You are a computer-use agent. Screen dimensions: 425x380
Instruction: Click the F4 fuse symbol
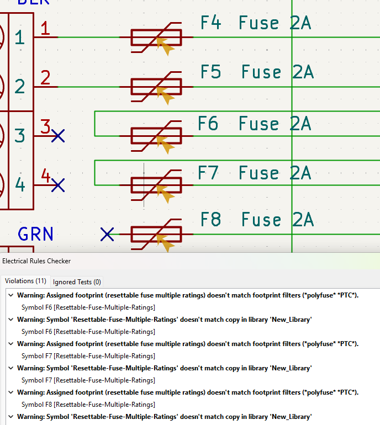pos(156,37)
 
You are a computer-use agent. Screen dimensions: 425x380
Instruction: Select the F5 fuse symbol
pos(156,87)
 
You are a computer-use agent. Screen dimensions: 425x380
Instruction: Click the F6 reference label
pos(208,124)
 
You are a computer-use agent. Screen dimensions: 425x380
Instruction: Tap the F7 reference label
pos(208,173)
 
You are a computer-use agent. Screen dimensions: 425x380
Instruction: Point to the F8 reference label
pos(210,220)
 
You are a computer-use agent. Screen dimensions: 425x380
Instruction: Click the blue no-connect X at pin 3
pos(58,135)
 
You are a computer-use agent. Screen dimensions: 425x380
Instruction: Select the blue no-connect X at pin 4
pos(58,185)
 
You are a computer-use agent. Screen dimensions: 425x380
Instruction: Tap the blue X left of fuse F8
pos(107,235)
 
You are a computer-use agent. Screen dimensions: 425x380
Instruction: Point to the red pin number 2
pos(45,77)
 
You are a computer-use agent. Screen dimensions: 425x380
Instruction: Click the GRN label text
pos(36,234)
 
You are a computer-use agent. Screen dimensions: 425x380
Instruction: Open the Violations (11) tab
pos(25,281)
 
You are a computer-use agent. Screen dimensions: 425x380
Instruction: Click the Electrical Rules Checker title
pos(36,261)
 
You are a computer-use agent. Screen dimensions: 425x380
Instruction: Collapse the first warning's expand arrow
pos(10,295)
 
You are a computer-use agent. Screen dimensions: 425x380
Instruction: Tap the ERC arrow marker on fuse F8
pos(165,243)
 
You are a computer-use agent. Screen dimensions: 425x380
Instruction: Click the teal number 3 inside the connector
pos(20,135)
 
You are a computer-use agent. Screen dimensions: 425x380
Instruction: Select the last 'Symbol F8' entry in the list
pos(88,405)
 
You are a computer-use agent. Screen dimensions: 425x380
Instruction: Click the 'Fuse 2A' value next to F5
pos(277,72)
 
